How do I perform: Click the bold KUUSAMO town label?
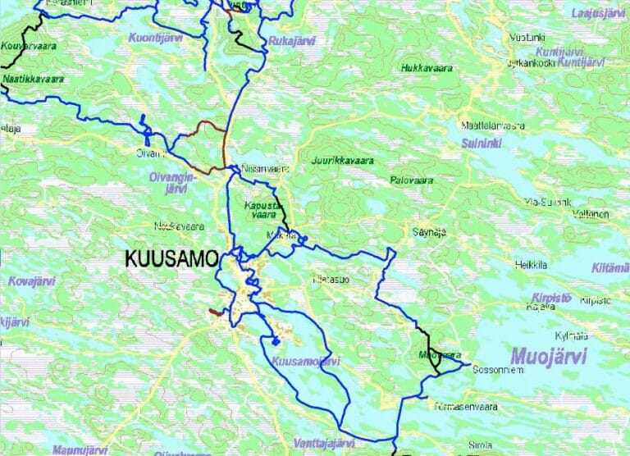click(x=171, y=259)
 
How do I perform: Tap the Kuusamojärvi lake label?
click(x=304, y=361)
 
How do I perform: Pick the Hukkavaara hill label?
click(x=427, y=68)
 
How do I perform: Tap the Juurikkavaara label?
click(x=342, y=161)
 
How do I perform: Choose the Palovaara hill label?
click(x=412, y=180)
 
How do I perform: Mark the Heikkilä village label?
click(x=531, y=264)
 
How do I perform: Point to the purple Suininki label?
click(x=482, y=143)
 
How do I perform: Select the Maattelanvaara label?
click(x=492, y=125)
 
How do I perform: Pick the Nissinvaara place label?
click(x=266, y=169)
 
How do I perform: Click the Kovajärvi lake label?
click(x=30, y=281)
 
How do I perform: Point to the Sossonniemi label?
click(x=497, y=368)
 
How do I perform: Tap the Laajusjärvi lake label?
click(x=598, y=13)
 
